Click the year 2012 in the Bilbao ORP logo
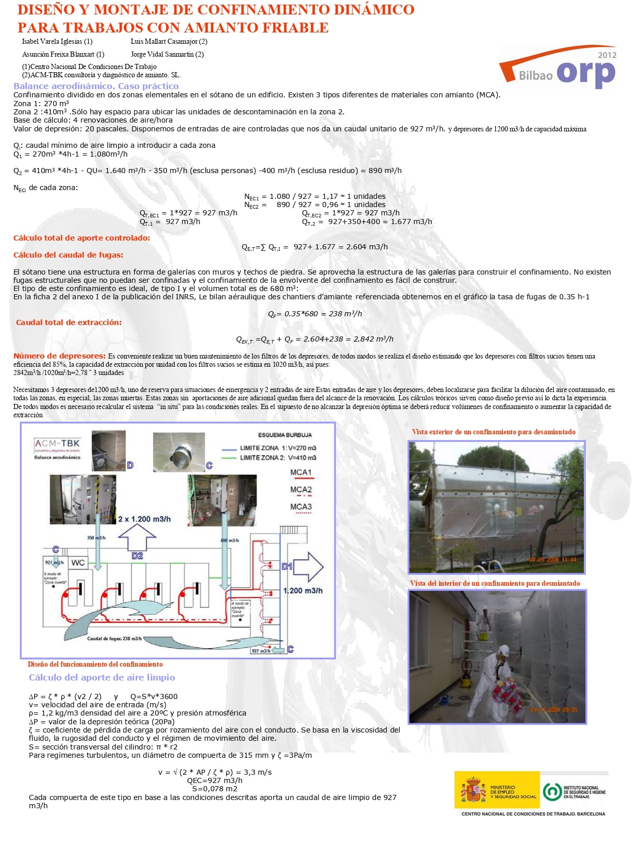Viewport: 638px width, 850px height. (607, 55)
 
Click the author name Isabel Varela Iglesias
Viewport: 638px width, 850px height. (57, 41)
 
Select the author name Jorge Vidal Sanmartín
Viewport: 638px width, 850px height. (167, 54)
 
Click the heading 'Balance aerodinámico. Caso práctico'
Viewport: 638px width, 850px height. (96, 86)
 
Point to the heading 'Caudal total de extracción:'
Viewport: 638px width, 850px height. (69, 322)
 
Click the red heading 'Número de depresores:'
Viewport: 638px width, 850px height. (59, 356)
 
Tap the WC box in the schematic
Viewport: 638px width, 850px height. (78, 563)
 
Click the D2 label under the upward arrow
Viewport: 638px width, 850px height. (137, 556)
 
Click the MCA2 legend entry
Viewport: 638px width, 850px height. (301, 490)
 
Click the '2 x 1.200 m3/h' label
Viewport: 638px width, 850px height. (144, 519)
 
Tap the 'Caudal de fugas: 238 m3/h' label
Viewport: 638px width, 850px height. (114, 639)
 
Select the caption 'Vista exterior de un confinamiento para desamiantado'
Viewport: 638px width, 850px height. (494, 432)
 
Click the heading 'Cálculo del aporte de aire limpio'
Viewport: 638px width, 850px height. (102, 677)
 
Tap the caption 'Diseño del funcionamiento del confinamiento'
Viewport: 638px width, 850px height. (95, 664)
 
